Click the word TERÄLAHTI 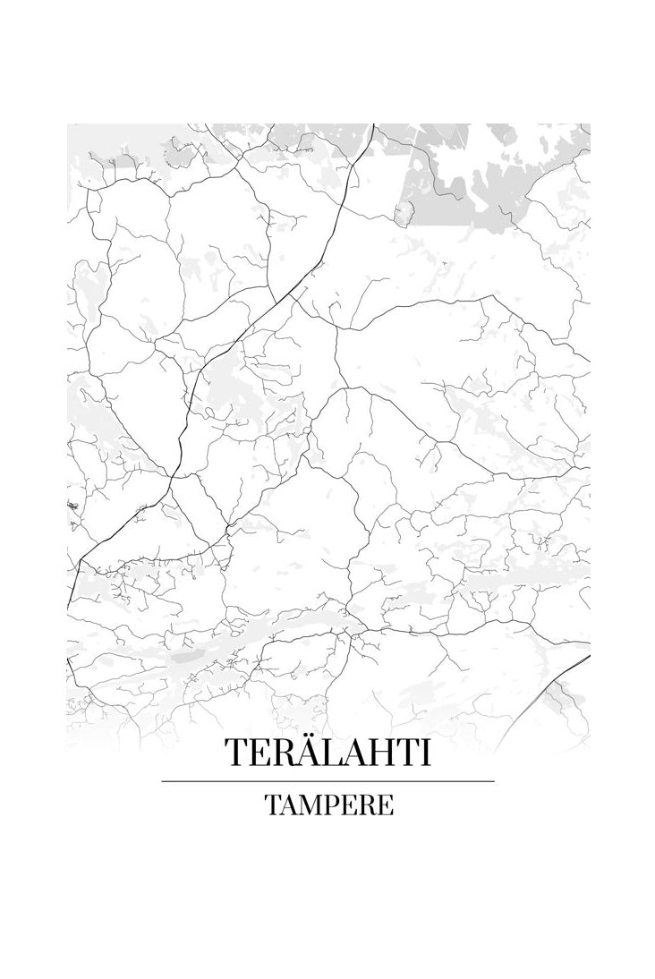click(x=327, y=753)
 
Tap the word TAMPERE click(x=327, y=804)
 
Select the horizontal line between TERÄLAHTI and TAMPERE click(x=327, y=781)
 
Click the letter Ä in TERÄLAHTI click(x=303, y=753)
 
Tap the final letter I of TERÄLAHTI click(x=424, y=753)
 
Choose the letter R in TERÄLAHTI click(x=281, y=753)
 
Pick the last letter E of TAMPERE click(x=384, y=804)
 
